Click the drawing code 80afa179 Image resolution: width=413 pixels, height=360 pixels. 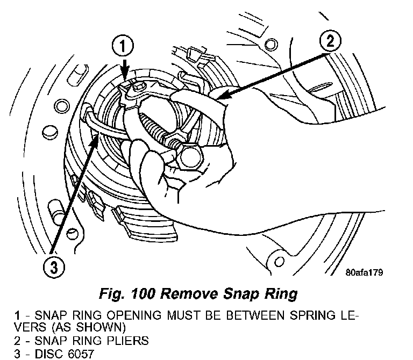point(364,272)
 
